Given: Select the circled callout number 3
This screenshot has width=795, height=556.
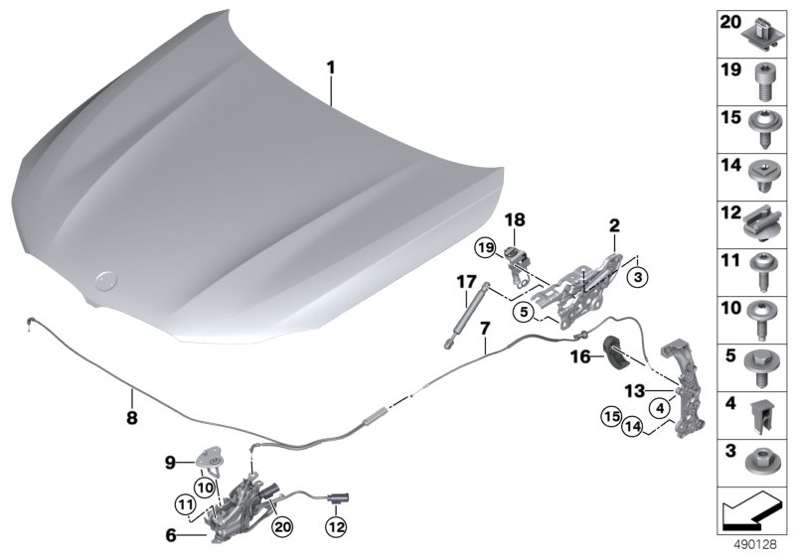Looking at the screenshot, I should tap(639, 275).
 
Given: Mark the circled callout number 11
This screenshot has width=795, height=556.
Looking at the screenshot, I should tap(186, 500).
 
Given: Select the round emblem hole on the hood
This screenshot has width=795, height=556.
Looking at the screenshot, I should tap(105, 283).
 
